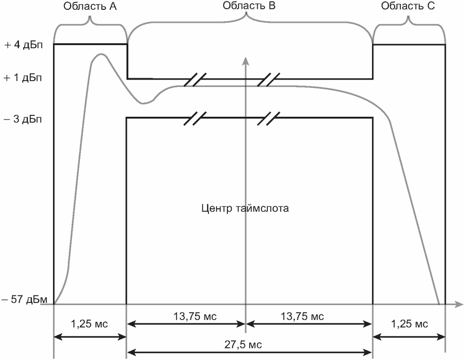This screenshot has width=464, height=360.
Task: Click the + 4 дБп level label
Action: (x=23, y=46)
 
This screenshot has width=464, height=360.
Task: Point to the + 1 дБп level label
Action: (x=23, y=78)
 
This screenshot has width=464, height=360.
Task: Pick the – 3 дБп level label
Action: (x=23, y=120)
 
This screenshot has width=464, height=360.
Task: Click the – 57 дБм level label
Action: (x=24, y=300)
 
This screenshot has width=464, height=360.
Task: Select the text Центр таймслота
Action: (x=245, y=208)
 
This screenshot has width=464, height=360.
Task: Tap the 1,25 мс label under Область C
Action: (x=409, y=324)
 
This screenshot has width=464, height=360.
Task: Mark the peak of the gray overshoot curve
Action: (x=99, y=54)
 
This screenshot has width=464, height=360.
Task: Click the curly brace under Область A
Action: (x=91, y=21)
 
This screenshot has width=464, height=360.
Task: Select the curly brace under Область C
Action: (x=409, y=21)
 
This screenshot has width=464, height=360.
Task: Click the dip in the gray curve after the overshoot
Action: (x=145, y=103)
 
